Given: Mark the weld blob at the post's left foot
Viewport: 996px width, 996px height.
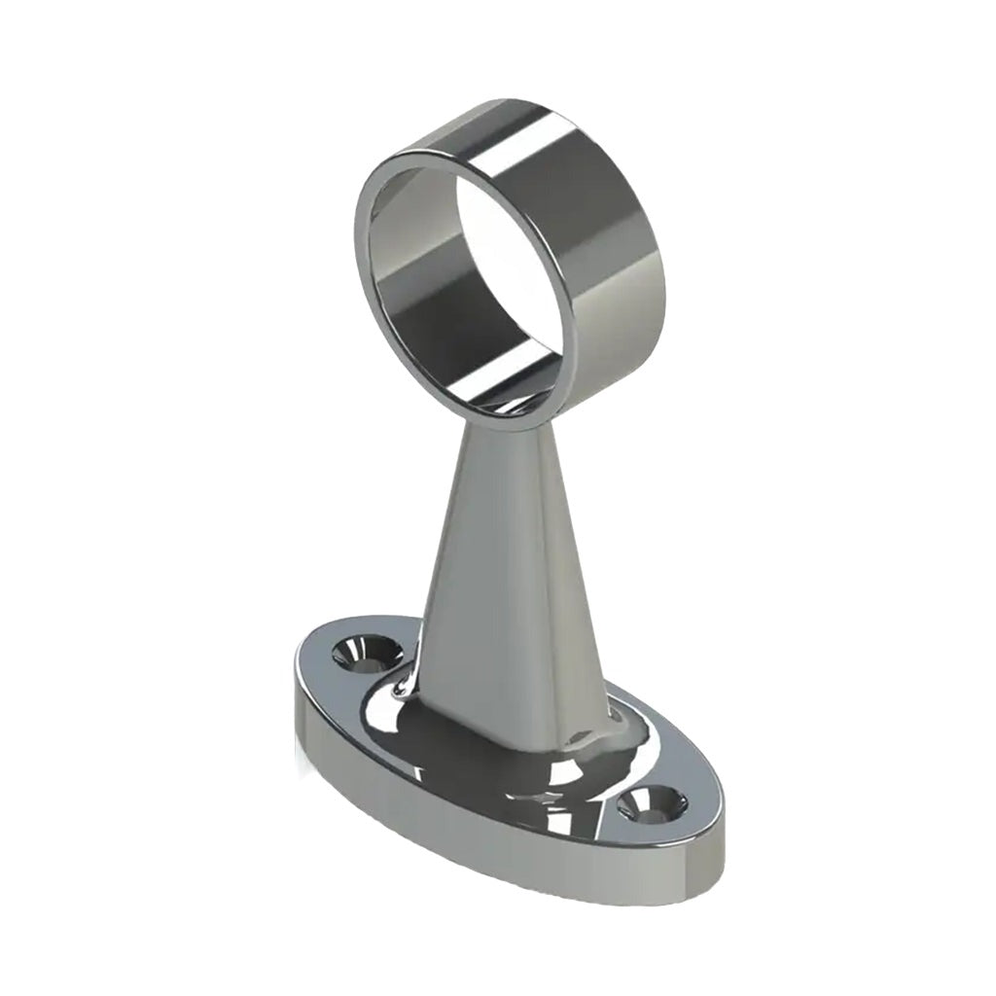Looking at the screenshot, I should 401,689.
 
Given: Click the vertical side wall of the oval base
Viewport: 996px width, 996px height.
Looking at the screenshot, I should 486,836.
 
